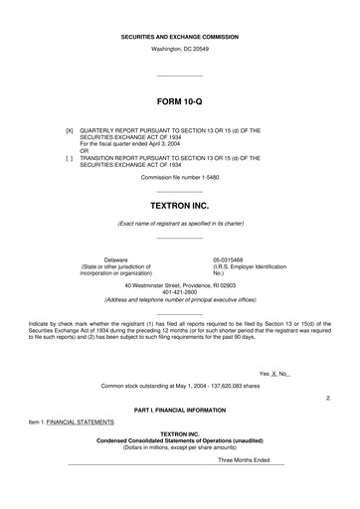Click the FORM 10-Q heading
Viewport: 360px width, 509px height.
point(179,102)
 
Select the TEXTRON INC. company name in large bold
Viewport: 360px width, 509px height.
point(179,204)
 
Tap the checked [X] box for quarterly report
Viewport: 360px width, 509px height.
point(69,129)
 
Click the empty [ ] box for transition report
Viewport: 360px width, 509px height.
point(69,157)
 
